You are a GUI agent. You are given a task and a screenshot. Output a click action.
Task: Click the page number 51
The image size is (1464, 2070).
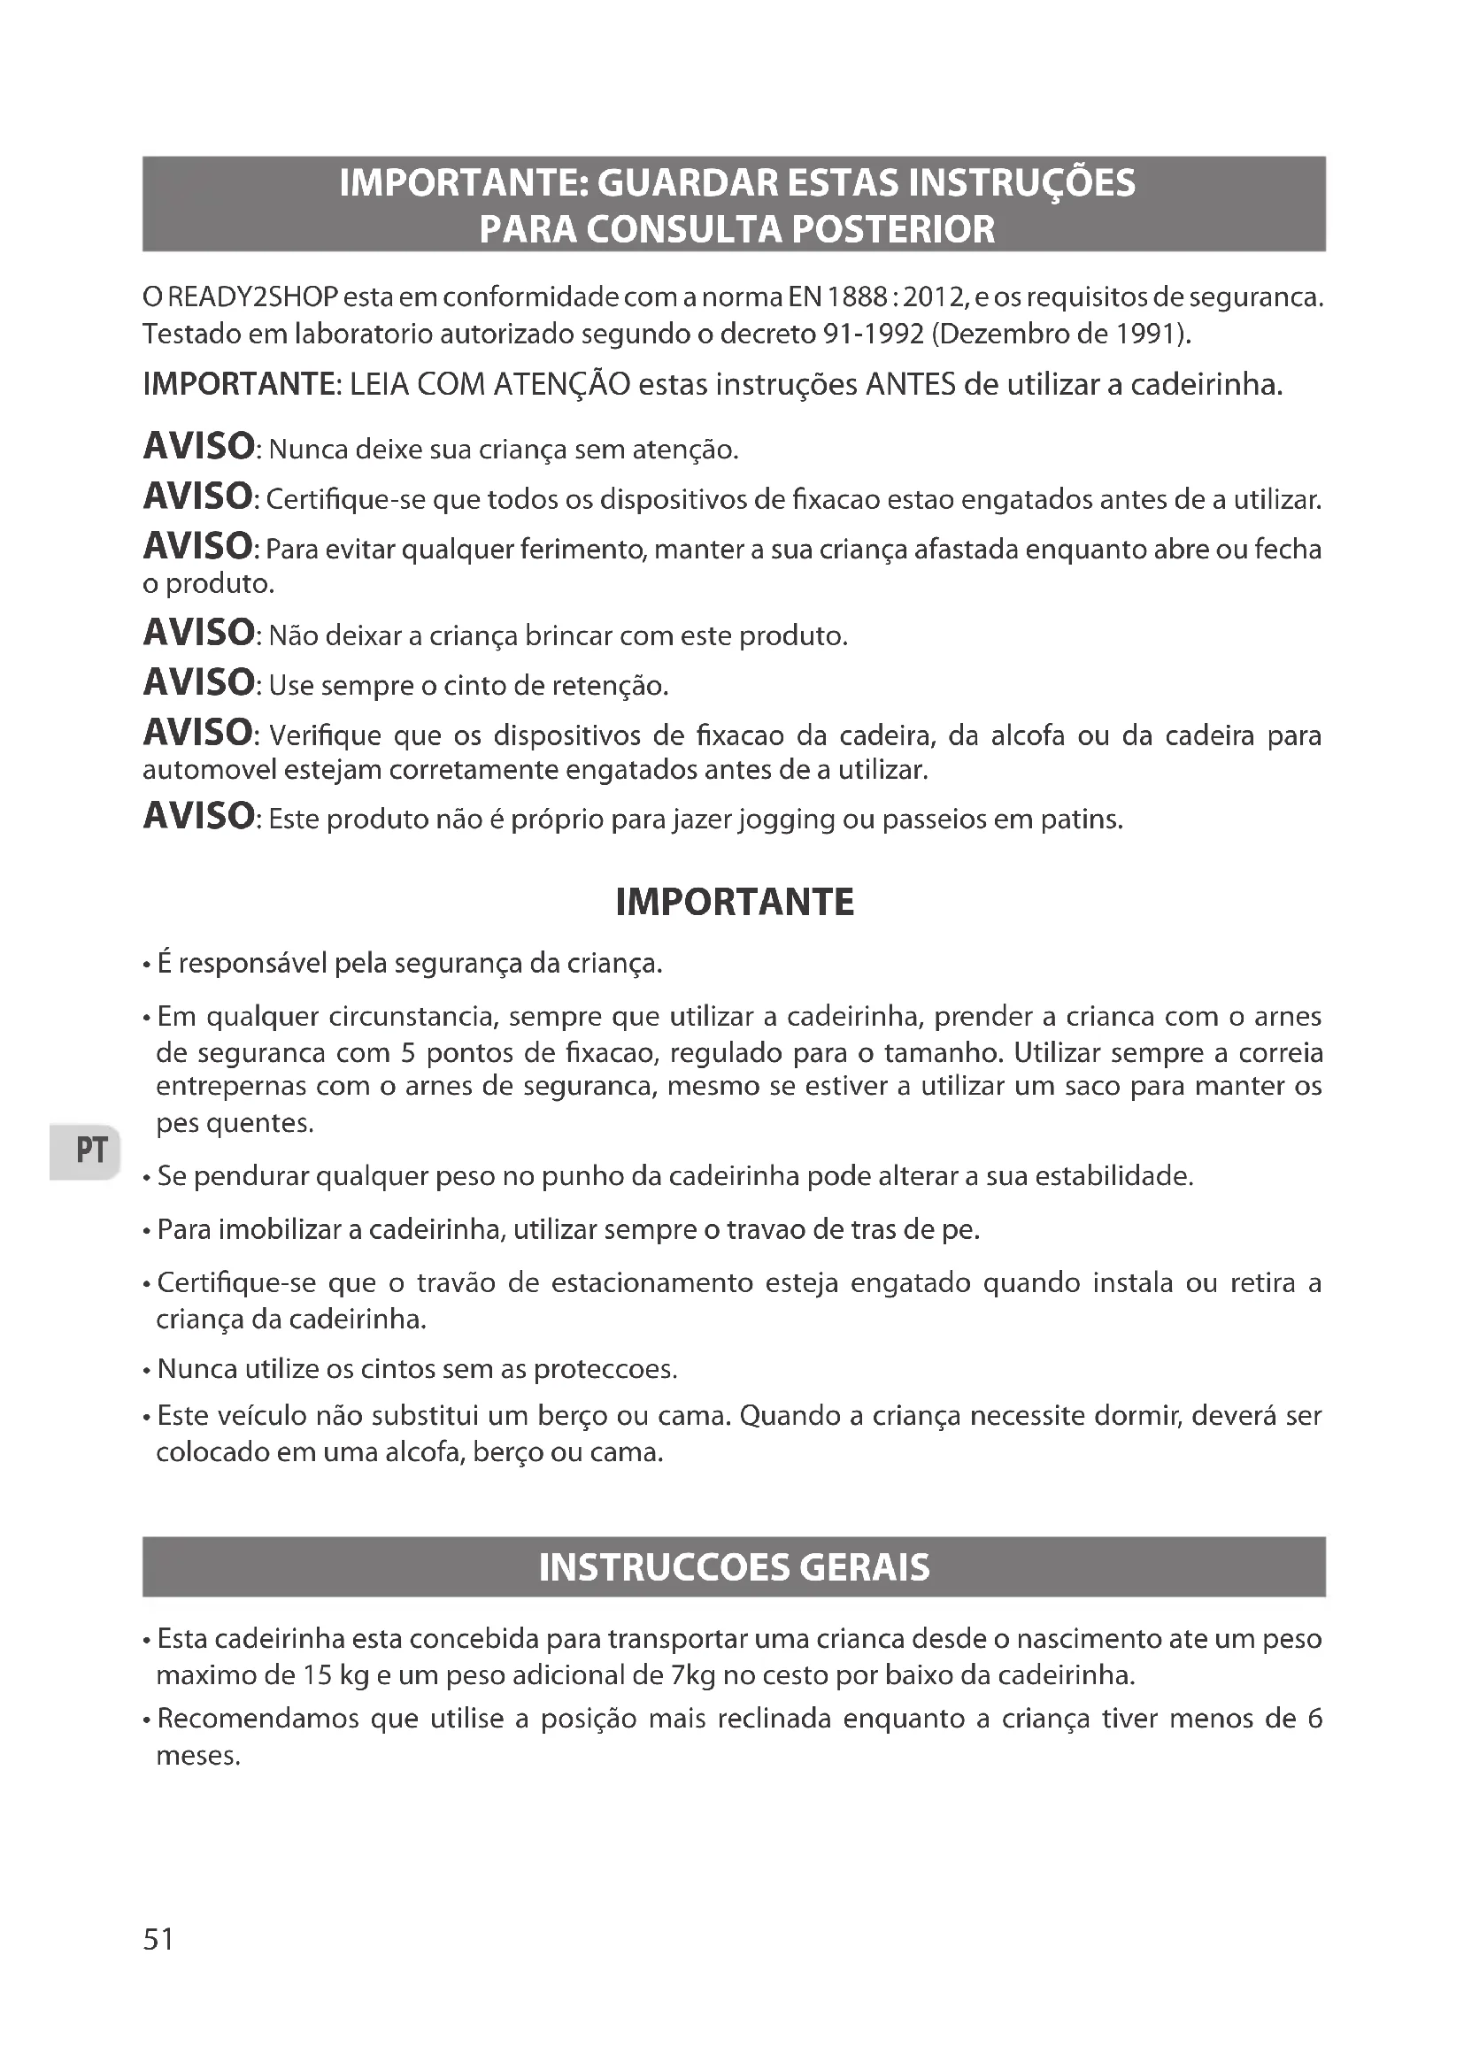[x=158, y=1939]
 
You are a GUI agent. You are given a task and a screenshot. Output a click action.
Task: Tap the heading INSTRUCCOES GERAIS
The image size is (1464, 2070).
[x=734, y=1567]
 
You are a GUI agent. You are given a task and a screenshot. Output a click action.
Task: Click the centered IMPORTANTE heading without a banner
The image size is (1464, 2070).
[x=734, y=903]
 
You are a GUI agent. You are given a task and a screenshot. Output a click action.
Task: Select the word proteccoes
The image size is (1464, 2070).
[x=603, y=1369]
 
